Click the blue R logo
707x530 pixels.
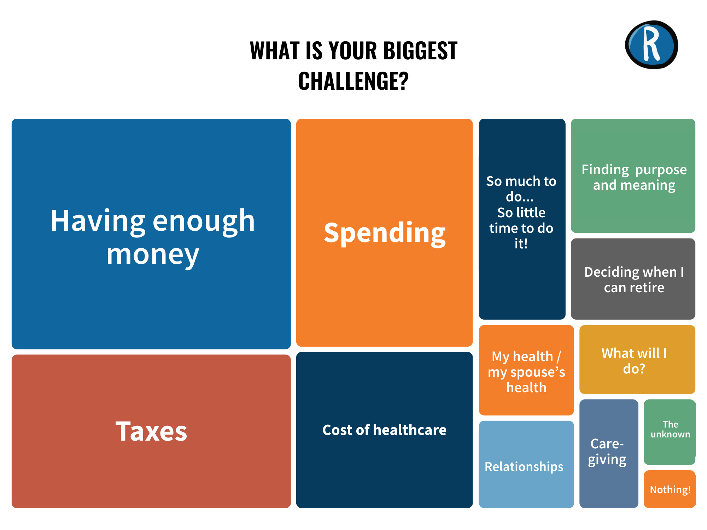click(652, 45)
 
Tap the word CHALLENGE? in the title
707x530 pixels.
click(353, 81)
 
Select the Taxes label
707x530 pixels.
click(151, 431)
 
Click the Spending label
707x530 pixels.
click(385, 233)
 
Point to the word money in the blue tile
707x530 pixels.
click(153, 254)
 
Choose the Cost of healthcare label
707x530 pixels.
click(384, 430)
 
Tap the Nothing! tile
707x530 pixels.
click(670, 489)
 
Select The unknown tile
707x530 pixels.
click(670, 430)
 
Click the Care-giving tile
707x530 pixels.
click(608, 452)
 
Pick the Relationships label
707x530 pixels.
click(524, 467)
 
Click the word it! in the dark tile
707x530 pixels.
click(521, 244)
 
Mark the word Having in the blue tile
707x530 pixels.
click(98, 221)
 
